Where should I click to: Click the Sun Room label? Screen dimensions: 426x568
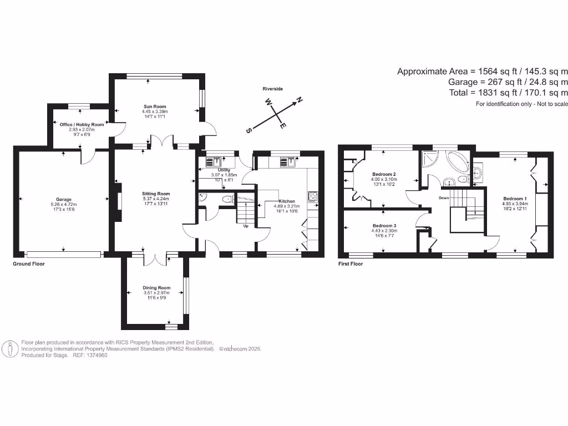tap(155, 106)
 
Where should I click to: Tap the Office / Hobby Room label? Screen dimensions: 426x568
tap(82, 125)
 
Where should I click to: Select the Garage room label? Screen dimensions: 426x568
tap(63, 199)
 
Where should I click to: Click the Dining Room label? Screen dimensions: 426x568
tap(156, 288)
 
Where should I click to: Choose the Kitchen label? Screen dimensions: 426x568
tap(286, 201)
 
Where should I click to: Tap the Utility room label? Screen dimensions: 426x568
tap(224, 170)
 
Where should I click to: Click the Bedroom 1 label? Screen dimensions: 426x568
tap(515, 199)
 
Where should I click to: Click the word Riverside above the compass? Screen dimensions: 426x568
tap(273, 89)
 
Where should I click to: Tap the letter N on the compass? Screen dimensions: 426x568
tap(299, 100)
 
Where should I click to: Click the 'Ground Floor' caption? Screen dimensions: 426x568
tap(29, 264)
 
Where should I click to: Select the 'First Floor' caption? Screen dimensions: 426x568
tap(351, 264)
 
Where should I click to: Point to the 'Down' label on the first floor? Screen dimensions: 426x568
tap(444, 198)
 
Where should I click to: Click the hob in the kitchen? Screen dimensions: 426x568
tap(312, 196)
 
